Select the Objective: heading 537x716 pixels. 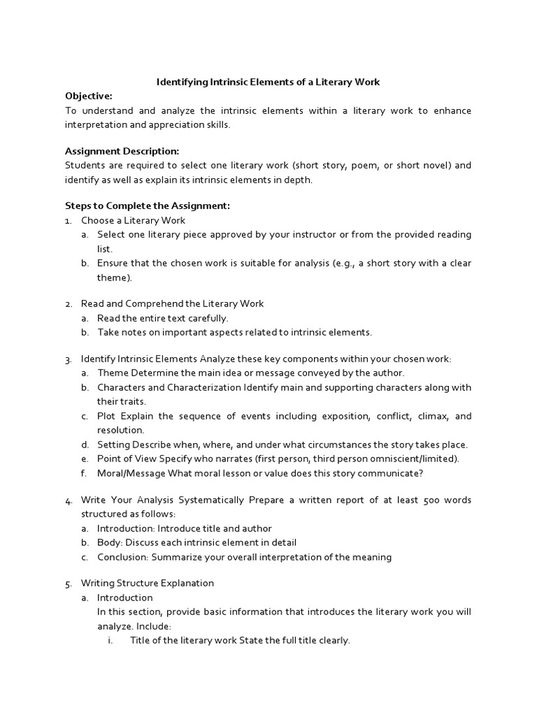[88, 96]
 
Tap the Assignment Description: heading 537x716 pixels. [122, 151]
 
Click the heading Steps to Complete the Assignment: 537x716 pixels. [147, 206]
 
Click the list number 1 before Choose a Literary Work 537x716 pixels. [68, 221]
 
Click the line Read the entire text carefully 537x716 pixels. [163, 318]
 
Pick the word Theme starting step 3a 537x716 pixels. [112, 373]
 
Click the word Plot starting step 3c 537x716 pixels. [107, 416]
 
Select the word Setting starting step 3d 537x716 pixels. [113, 445]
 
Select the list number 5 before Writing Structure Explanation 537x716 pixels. [68, 583]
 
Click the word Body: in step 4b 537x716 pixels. [110, 543]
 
